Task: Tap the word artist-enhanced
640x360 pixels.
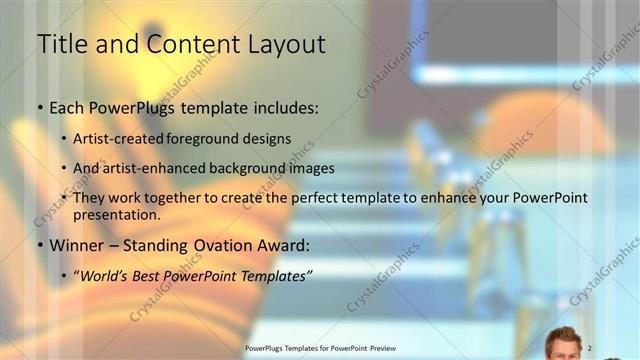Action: coord(154,168)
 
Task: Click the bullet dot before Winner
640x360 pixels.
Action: coord(39,246)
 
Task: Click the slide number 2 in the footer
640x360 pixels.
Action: coord(590,347)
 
